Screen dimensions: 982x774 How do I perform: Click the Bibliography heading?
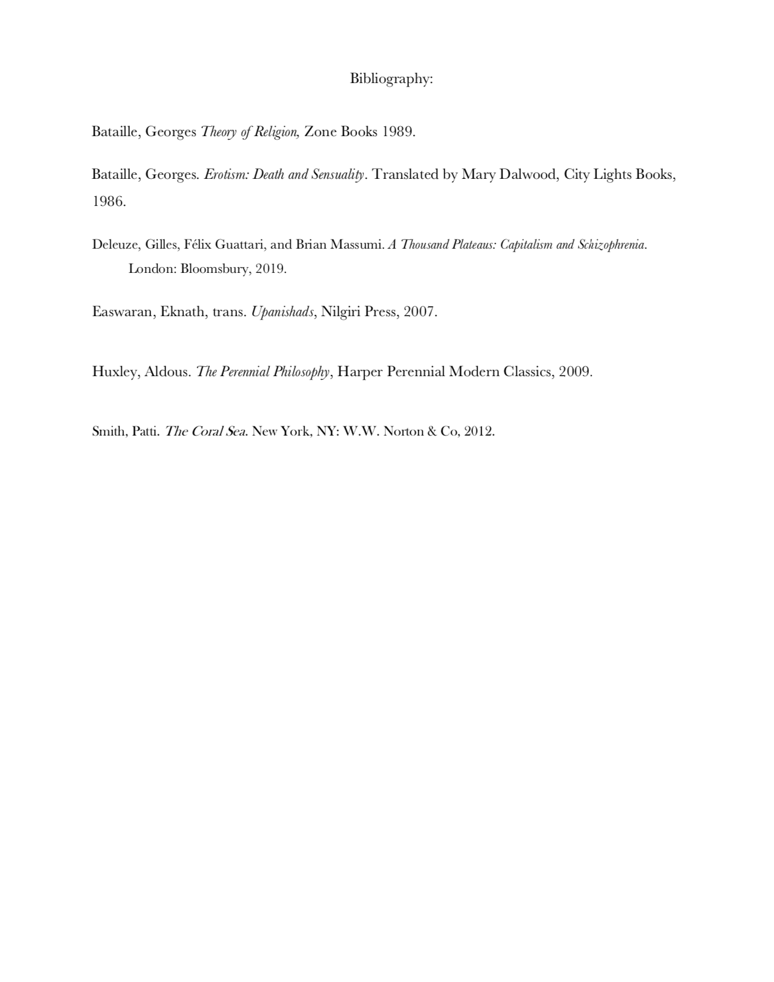391,78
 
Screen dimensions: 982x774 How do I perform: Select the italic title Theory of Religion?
249,132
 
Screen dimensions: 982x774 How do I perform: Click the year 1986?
108,201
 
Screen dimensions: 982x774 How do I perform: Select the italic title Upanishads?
283,312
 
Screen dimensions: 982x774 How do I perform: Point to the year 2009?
574,372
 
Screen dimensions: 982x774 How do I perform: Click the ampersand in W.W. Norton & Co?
432,432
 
